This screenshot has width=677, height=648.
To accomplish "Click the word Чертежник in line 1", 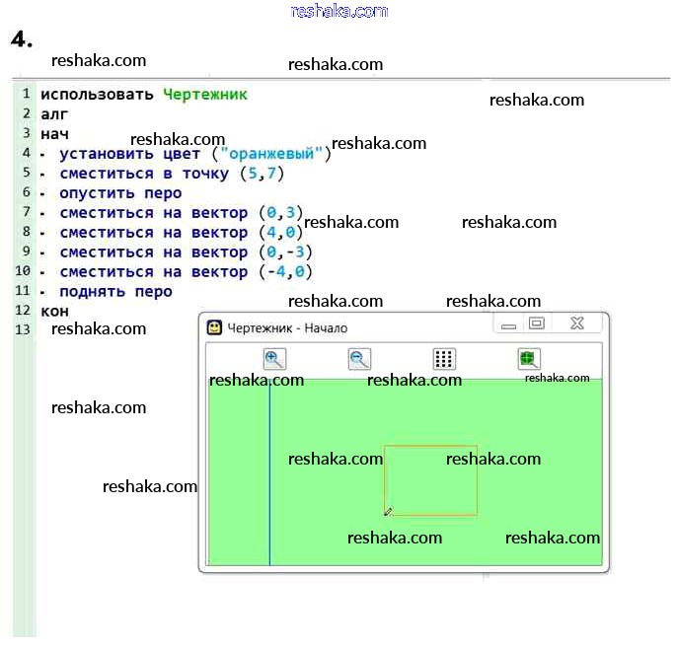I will [204, 95].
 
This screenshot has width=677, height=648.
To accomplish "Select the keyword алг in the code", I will [53, 114].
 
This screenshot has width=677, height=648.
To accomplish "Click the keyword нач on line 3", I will [54, 134].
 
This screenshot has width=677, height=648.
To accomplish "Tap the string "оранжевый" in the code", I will [274, 154].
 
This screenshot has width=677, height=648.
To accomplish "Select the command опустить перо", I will [120, 193].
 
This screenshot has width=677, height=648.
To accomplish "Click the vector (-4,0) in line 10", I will [285, 272].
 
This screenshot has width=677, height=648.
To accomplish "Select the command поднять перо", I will [115, 292].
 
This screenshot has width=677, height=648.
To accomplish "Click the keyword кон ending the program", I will [54, 312].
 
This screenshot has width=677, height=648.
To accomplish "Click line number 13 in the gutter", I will [24, 329].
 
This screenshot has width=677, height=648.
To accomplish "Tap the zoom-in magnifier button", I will [274, 359].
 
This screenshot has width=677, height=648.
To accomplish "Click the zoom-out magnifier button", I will [359, 359].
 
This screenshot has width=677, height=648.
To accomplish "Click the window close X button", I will [577, 324].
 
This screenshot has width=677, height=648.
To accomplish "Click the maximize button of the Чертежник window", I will [537, 324].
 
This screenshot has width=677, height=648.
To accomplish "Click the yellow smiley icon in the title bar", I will [214, 327].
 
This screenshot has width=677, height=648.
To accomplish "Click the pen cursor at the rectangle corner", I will [388, 511].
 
